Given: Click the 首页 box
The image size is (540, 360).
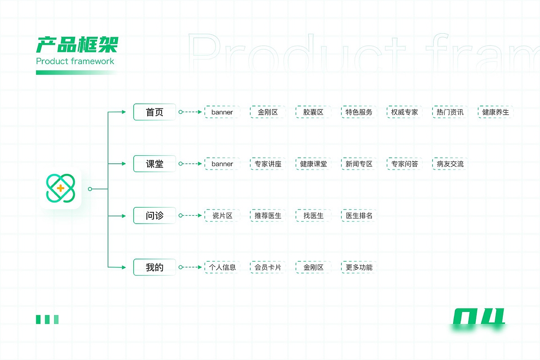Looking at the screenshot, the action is click(154, 112).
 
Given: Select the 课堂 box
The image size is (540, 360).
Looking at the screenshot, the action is click(154, 164).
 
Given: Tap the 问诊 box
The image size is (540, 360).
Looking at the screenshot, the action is click(154, 215).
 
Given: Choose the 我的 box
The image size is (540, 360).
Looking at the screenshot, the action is click(154, 267).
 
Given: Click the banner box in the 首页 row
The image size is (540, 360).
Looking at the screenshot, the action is click(222, 112).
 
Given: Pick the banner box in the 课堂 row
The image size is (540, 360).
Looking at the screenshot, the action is click(222, 164).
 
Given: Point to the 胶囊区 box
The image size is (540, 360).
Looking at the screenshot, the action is click(313, 112).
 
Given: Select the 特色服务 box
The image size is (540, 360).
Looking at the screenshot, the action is click(359, 112).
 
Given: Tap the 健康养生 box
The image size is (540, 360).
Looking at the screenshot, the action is click(495, 112).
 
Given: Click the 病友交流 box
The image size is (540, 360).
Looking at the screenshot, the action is click(450, 164).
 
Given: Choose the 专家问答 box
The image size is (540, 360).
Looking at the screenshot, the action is click(404, 164).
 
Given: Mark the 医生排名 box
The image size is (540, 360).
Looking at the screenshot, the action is click(359, 215).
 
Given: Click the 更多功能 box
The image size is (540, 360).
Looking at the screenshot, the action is click(359, 267).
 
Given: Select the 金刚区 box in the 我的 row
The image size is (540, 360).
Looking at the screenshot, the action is click(313, 267).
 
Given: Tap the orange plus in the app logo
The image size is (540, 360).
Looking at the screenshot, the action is click(60, 188).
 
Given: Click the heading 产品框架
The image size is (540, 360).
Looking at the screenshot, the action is click(77, 45).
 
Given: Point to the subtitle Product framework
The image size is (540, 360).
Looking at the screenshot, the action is click(75, 61).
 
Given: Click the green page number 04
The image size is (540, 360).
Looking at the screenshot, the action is click(478, 317).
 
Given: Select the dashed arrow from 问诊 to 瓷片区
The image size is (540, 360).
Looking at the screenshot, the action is click(190, 215).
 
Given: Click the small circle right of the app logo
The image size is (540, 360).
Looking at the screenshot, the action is click(90, 189).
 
